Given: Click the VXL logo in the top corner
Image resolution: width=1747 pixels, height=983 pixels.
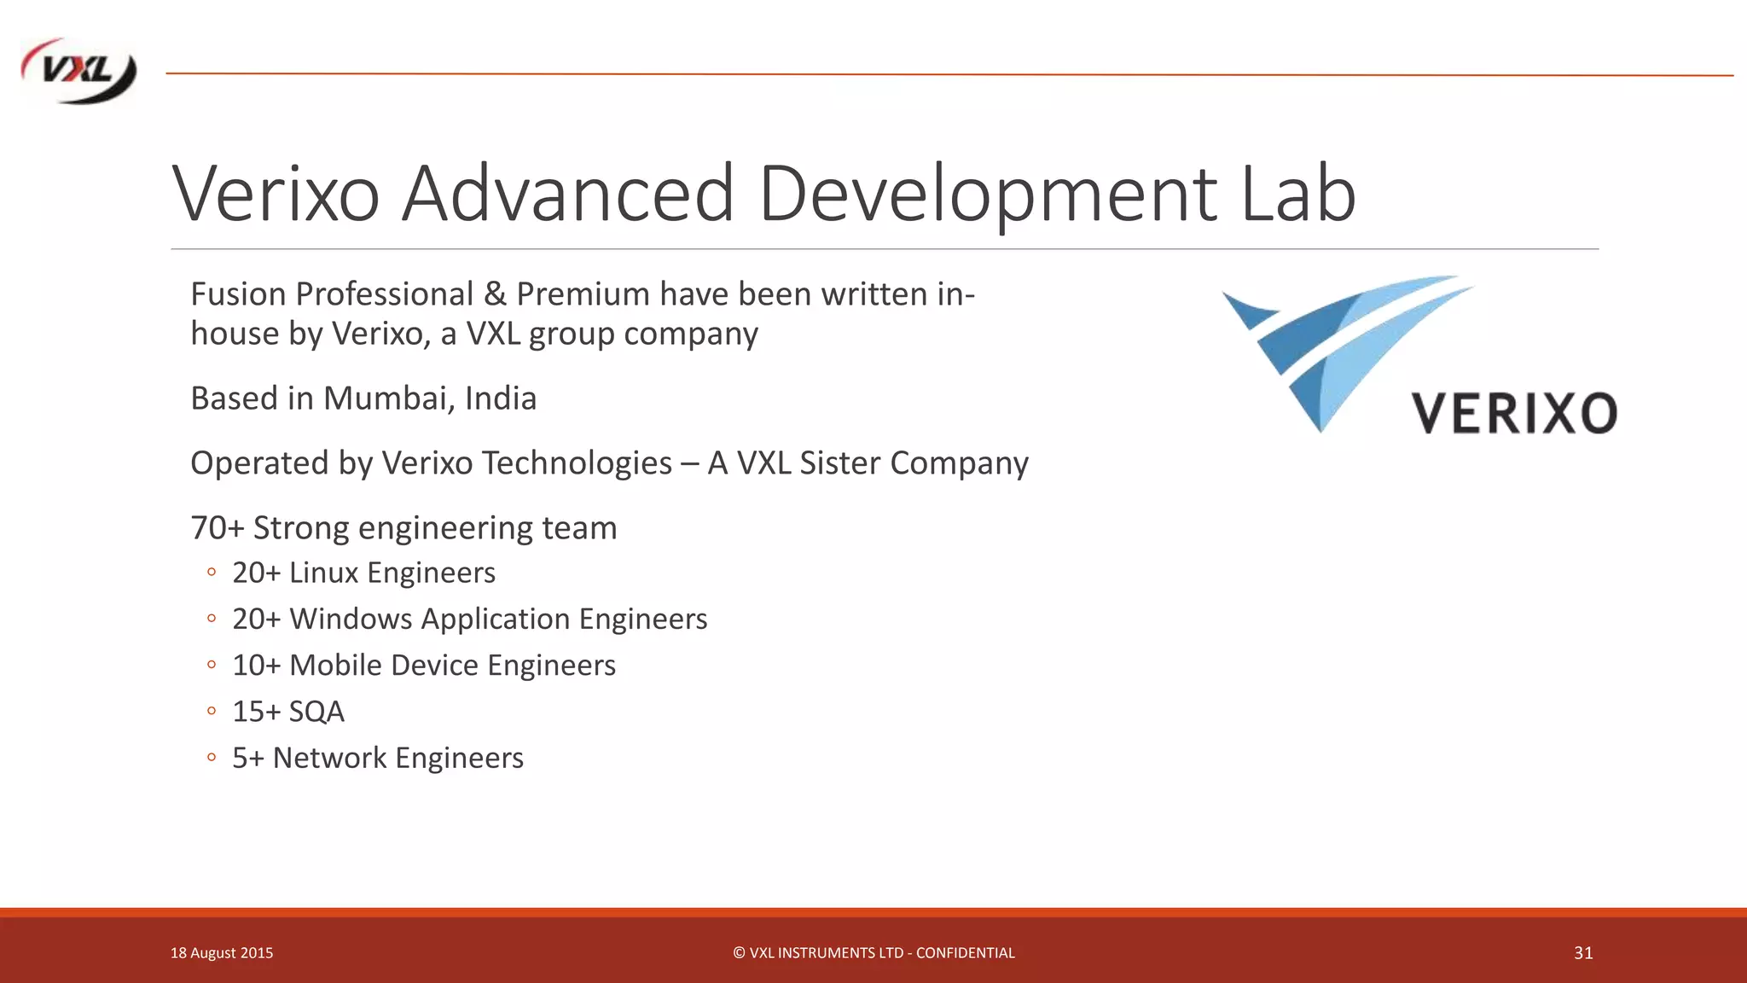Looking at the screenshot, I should click(x=78, y=72).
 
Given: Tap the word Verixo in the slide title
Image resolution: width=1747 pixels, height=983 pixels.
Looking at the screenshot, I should click(x=276, y=194).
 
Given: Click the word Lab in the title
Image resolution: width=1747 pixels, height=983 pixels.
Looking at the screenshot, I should click(x=1297, y=194).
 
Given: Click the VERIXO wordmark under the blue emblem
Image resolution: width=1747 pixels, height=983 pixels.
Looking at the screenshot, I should click(x=1514, y=414).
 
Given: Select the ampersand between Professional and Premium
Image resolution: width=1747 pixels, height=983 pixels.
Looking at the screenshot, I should click(x=494, y=294).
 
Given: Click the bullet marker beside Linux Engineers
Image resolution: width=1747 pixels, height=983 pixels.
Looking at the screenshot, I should click(x=212, y=572).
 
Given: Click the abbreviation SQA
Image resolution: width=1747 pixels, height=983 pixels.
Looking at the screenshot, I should click(x=316, y=712).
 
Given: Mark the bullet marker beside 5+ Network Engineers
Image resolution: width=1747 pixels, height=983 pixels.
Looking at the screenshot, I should click(x=212, y=757).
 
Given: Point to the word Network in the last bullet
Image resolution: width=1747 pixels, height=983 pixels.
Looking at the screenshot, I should click(x=329, y=758).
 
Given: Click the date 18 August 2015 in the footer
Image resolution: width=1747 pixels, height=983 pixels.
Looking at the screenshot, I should click(x=222, y=953).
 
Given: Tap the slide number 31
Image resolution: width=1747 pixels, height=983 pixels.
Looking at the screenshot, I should click(x=1583, y=953).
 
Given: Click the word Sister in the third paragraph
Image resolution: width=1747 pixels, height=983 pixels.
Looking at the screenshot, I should click(x=839, y=463).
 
